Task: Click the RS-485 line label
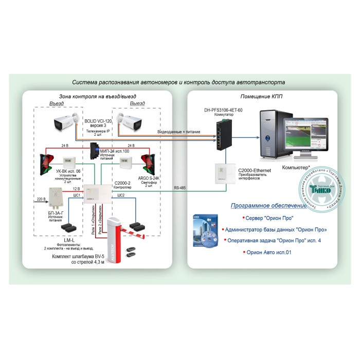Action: [x=181, y=188]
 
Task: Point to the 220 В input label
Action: [x=41, y=198]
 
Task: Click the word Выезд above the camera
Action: [x=137, y=103]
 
